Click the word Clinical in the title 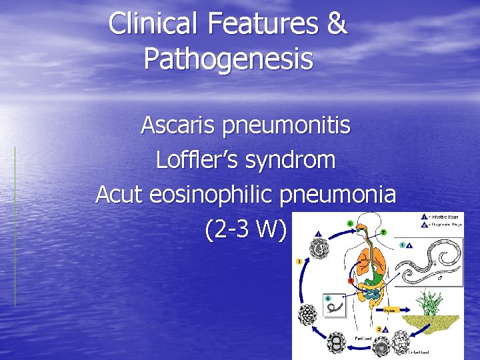click(x=153, y=24)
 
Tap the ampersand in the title click(x=337, y=24)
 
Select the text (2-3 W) click(x=246, y=230)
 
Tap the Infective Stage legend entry click(x=441, y=216)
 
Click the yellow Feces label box click(x=389, y=309)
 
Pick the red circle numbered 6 click(x=350, y=280)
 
